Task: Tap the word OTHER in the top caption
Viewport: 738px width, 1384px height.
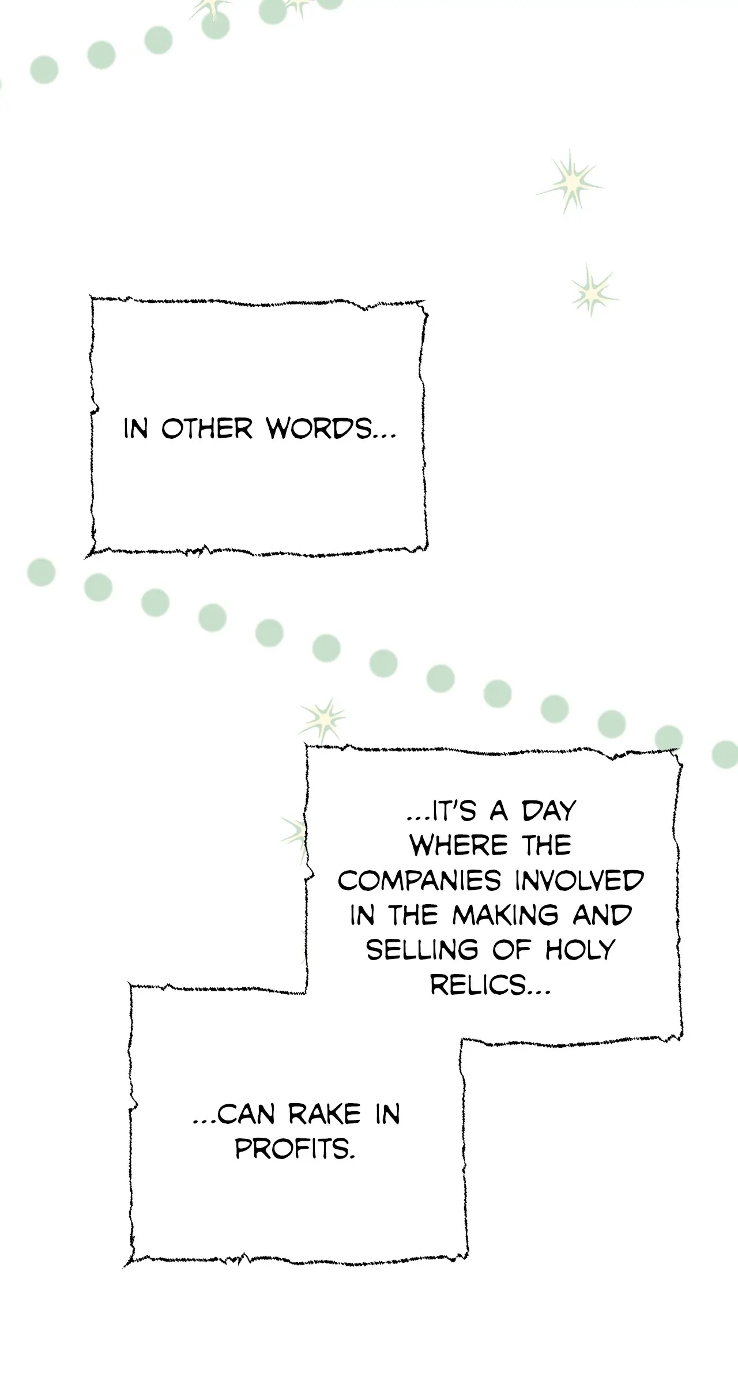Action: tap(206, 429)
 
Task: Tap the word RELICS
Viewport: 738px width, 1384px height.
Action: tap(490, 984)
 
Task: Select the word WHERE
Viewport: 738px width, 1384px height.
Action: tap(459, 846)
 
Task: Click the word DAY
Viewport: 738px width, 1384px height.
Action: tap(549, 811)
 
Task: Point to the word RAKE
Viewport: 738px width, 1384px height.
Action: tap(325, 1115)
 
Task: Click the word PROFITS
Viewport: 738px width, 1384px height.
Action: tap(295, 1149)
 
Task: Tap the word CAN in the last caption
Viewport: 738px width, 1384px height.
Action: tap(235, 1115)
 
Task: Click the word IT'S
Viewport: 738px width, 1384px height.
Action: tap(442, 811)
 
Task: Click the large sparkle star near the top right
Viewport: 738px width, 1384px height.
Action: tap(571, 182)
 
